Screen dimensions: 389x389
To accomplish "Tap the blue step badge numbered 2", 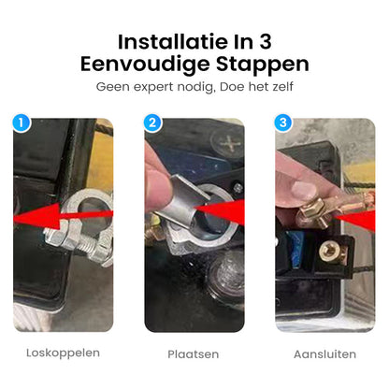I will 153,122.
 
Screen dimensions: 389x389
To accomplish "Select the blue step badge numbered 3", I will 283,122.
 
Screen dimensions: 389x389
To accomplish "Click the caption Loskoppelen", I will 65,353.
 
